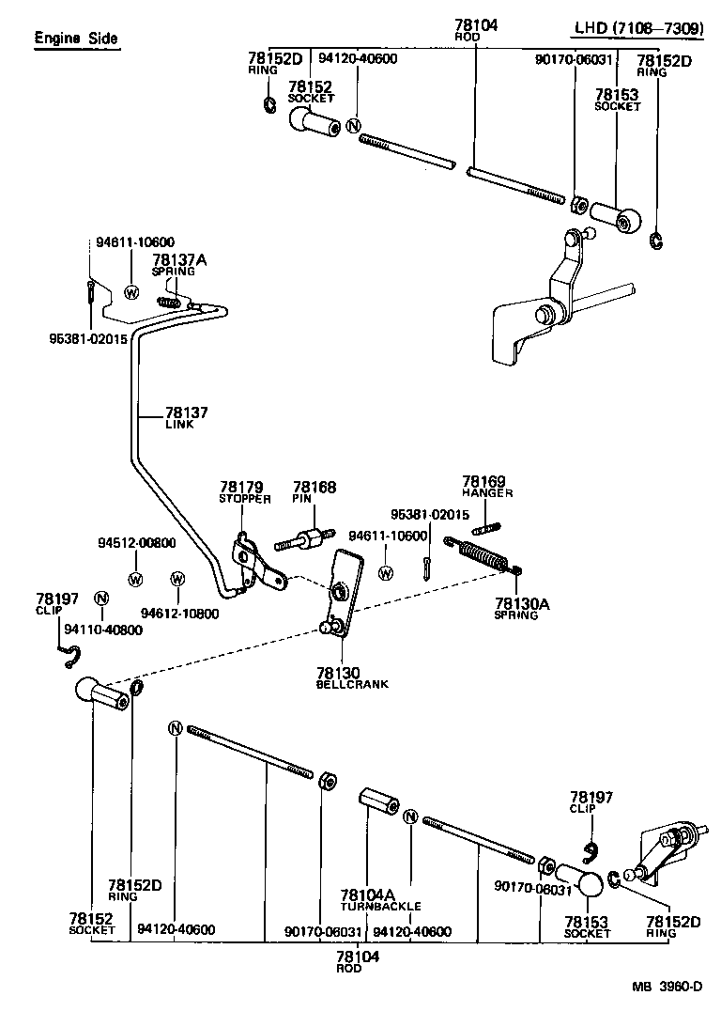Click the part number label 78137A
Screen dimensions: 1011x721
(174, 259)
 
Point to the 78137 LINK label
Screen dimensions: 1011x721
(186, 417)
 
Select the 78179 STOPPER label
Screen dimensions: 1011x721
(244, 492)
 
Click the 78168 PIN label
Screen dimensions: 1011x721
(314, 492)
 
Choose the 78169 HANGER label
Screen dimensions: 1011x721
(483, 486)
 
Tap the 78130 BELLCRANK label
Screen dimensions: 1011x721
(351, 677)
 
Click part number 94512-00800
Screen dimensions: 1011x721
(135, 542)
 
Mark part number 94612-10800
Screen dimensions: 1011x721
(179, 614)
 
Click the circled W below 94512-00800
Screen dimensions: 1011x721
(135, 577)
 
